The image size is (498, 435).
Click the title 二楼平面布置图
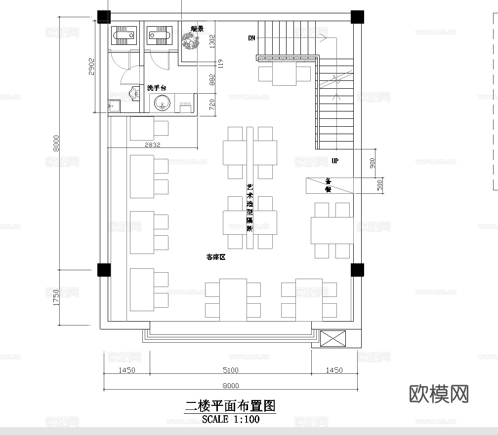click(x=230, y=406)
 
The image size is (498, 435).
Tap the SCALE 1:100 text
click(x=230, y=420)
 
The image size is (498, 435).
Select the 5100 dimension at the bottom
click(x=230, y=370)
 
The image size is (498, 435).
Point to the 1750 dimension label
click(x=56, y=297)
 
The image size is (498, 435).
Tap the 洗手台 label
click(x=157, y=88)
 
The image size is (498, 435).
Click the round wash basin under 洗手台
click(x=162, y=104)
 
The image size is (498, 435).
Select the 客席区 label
click(x=215, y=257)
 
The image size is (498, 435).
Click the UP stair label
click(x=335, y=161)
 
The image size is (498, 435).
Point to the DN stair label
click(x=251, y=38)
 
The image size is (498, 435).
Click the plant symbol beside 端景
click(x=189, y=41)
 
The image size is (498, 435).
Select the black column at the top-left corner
click(x=104, y=16)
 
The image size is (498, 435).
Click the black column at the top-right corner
click(x=357, y=16)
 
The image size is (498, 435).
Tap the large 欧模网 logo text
click(x=439, y=394)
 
